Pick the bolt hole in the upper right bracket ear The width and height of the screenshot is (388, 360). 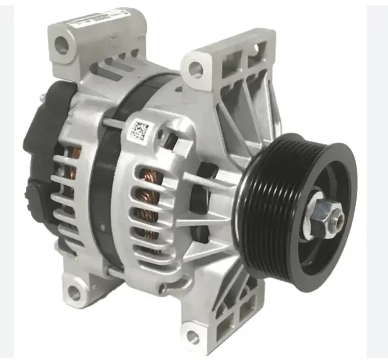pos(195,69)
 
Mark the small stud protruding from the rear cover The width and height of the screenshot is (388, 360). pos(42,97)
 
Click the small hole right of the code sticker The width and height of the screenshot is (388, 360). pos(160,133)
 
